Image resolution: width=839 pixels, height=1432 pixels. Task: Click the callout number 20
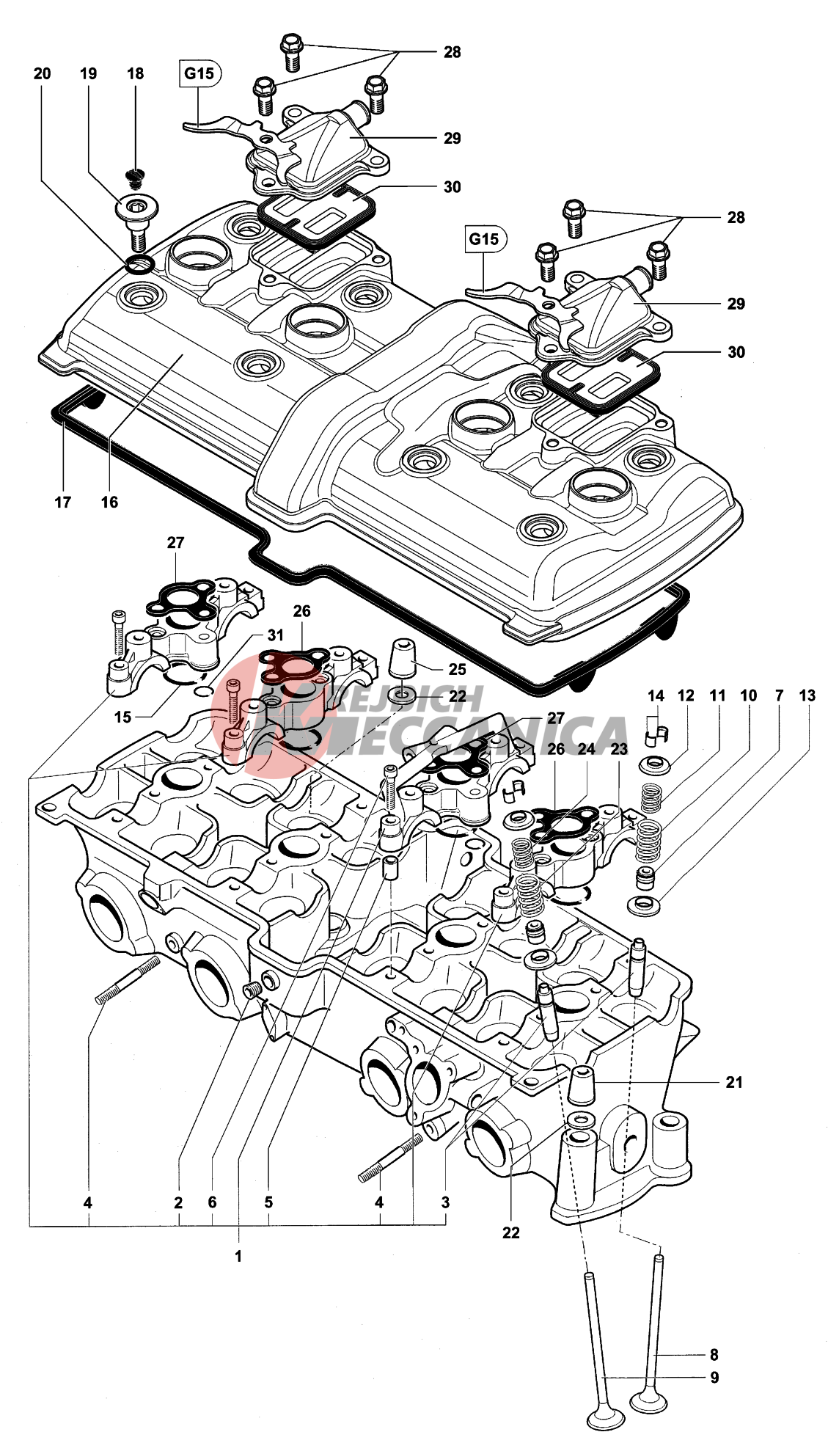[43, 73]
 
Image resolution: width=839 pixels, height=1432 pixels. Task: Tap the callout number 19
[89, 73]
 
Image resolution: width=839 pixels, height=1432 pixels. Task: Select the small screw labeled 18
[136, 175]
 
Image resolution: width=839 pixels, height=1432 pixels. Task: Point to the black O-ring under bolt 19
[139, 264]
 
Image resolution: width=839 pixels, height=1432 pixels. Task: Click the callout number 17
[63, 502]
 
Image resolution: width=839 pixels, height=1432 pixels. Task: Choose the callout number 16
[109, 502]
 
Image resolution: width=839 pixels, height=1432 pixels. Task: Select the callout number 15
[122, 717]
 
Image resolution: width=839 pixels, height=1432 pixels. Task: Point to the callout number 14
[656, 695]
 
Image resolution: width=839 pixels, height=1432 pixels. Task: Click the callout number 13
[807, 695]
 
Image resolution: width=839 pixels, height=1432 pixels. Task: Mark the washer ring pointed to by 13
[642, 905]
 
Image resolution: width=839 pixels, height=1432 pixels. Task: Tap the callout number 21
[734, 1082]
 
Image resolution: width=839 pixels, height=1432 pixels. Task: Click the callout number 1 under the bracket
[238, 1256]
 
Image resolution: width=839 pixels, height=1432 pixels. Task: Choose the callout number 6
[212, 1202]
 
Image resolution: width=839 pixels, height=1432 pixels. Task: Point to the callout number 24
[587, 749]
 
